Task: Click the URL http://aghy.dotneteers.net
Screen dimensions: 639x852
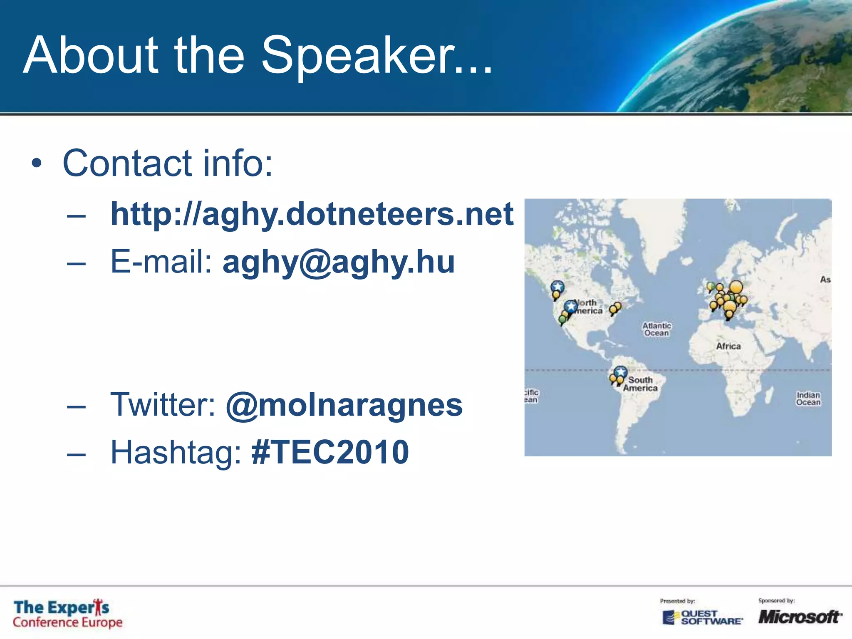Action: pyautogui.click(x=312, y=214)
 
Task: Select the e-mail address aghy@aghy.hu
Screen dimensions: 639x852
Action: pyautogui.click(x=339, y=262)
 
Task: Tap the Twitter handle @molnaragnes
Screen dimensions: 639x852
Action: pyautogui.click(x=344, y=405)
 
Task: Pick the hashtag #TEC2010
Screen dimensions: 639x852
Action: pyautogui.click(x=330, y=452)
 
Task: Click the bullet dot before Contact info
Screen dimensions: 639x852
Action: pyautogui.click(x=37, y=164)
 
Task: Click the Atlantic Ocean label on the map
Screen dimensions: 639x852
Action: pyautogui.click(x=656, y=329)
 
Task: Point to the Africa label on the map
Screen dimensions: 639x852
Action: pyautogui.click(x=728, y=346)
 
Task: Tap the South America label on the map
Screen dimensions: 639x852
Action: pyautogui.click(x=640, y=384)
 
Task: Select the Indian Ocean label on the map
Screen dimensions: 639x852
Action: pyautogui.click(x=808, y=398)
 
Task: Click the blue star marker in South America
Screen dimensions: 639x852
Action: pyautogui.click(x=620, y=371)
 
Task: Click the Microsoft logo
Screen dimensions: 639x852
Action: pyautogui.click(x=799, y=617)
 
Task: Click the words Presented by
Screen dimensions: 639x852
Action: pyautogui.click(x=677, y=601)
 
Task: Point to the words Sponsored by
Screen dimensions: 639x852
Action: pyautogui.click(x=776, y=600)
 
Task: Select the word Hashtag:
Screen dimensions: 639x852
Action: pyautogui.click(x=176, y=452)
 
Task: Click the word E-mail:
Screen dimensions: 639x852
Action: pyautogui.click(x=161, y=262)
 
